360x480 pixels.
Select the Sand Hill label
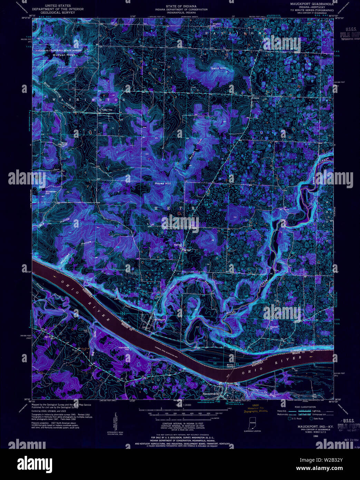(218, 69)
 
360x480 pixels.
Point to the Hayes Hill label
(162, 183)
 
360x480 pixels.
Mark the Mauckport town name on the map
(160, 320)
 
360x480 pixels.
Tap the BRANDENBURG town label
(212, 394)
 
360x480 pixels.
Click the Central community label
(255, 98)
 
